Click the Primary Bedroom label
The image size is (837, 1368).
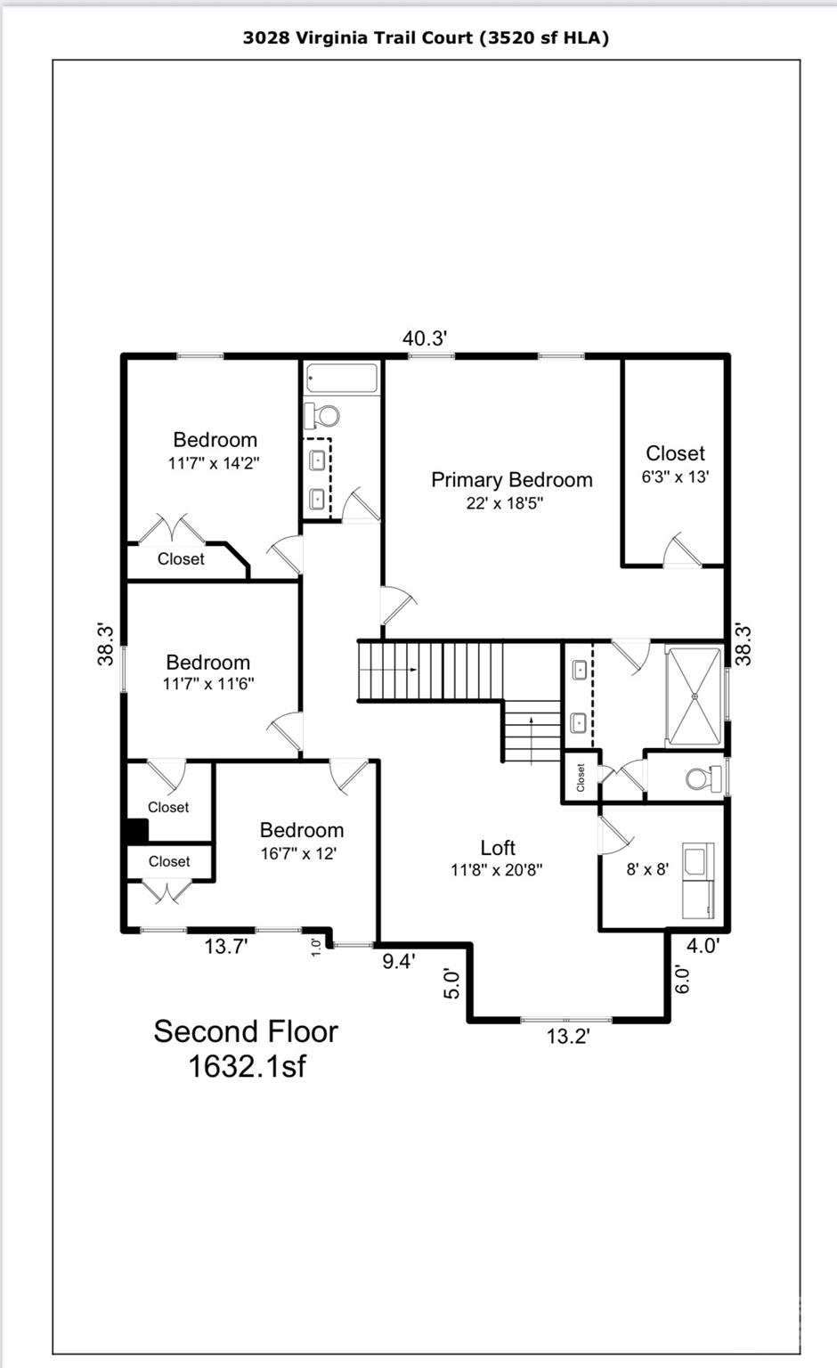pyautogui.click(x=511, y=480)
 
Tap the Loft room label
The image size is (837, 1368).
pyautogui.click(x=497, y=848)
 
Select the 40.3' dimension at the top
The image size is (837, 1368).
pyautogui.click(x=424, y=338)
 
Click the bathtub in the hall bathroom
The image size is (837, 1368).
pyautogui.click(x=342, y=379)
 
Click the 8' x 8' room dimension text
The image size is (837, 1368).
pyautogui.click(x=647, y=869)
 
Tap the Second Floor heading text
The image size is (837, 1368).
pyautogui.click(x=246, y=1031)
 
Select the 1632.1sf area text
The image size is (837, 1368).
pyautogui.click(x=246, y=1066)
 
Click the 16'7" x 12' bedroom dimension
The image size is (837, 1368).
pyautogui.click(x=298, y=853)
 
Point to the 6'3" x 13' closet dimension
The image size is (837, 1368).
pyautogui.click(x=675, y=476)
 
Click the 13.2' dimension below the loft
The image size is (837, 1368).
pyautogui.click(x=568, y=1036)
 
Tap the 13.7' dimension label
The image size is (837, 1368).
pyautogui.click(x=226, y=947)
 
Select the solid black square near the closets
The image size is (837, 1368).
pyautogui.click(x=136, y=831)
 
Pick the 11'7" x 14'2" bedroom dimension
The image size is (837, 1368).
pyautogui.click(x=214, y=463)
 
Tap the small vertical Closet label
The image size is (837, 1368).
pyautogui.click(x=581, y=778)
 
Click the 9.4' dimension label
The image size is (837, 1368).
pyautogui.click(x=399, y=961)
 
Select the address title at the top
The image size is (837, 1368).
pyautogui.click(x=426, y=37)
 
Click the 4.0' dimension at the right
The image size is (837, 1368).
pyautogui.click(x=703, y=946)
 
